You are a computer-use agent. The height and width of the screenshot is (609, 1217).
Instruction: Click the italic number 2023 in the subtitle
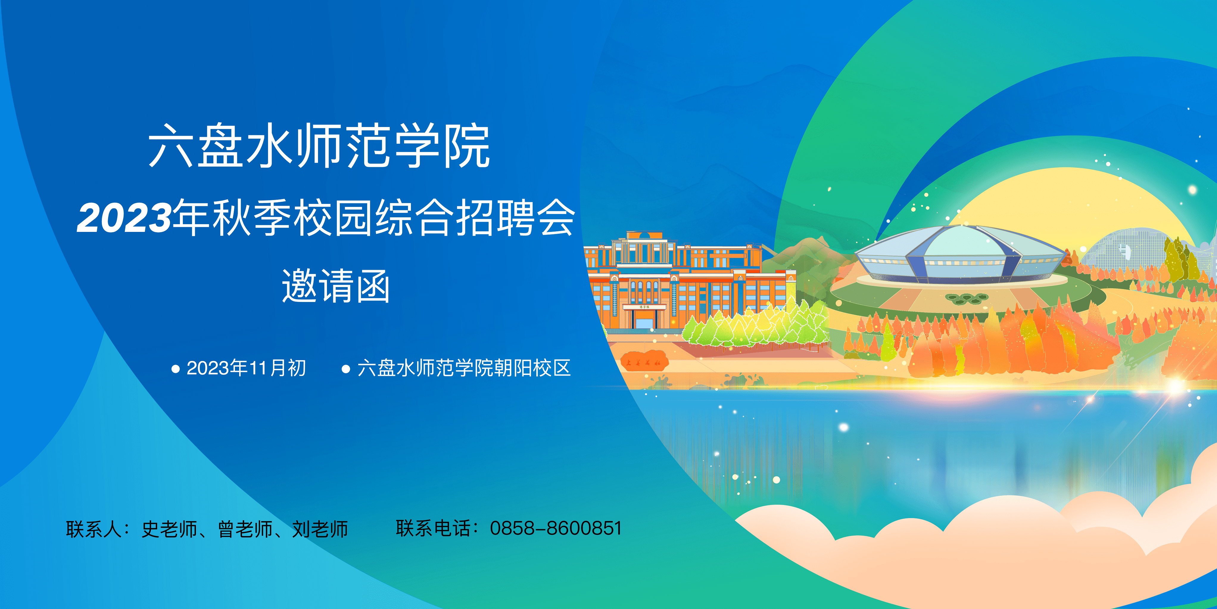coord(124,218)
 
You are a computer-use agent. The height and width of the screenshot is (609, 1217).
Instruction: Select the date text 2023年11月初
coord(246,368)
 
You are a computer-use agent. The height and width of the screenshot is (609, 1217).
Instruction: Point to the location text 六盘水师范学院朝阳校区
coord(464,368)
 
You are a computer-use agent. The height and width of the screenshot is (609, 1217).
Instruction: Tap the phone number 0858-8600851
coord(556,528)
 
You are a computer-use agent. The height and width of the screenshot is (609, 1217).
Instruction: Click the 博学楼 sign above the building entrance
coord(644,307)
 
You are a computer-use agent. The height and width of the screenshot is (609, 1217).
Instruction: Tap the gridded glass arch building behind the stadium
coord(1124,248)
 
